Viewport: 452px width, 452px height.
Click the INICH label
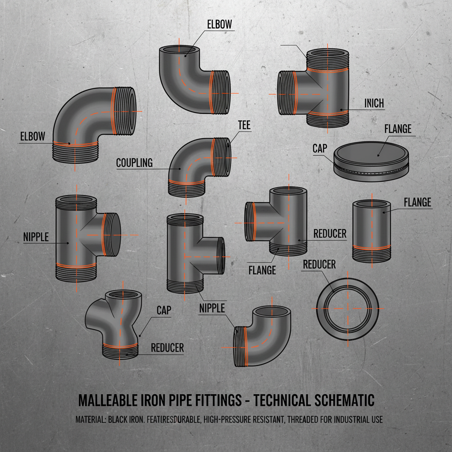(374, 103)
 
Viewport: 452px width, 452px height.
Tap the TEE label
(244, 125)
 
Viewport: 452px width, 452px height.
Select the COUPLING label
(134, 163)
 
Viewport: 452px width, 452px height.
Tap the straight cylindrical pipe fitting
(371, 230)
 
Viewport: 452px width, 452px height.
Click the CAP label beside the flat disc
(320, 148)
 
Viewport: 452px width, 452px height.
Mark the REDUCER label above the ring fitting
(319, 264)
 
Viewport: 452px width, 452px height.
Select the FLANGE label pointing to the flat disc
(398, 129)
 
